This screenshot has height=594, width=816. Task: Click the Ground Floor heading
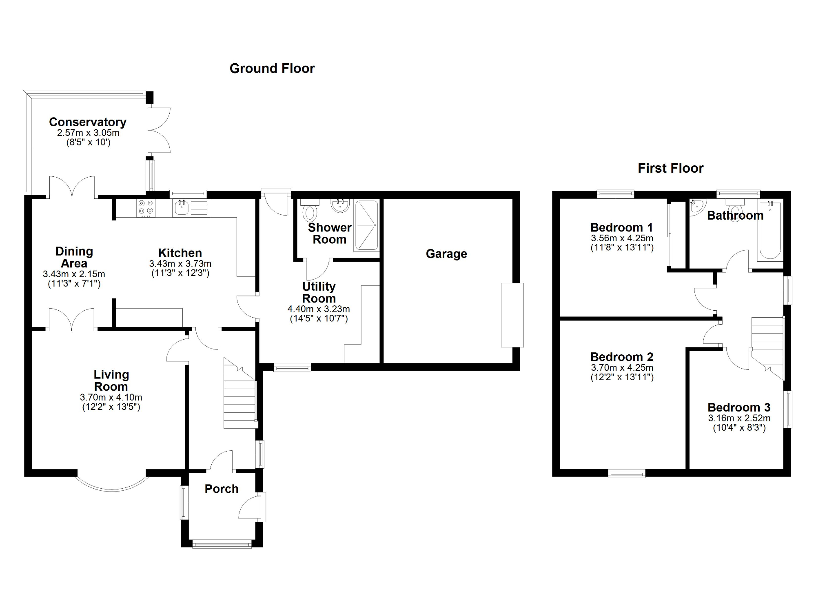pyautogui.click(x=272, y=69)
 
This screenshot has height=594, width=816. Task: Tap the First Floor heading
pyautogui.click(x=670, y=168)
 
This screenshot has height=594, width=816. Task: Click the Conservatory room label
pyautogui.click(x=88, y=122)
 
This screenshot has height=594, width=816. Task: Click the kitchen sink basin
pyautogui.click(x=181, y=209)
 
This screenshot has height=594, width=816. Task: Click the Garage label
pyautogui.click(x=446, y=254)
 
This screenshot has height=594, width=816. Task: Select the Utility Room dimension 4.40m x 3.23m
pyautogui.click(x=319, y=309)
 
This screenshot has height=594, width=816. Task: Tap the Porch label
pyautogui.click(x=222, y=489)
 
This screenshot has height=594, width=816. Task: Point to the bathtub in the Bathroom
pyautogui.click(x=770, y=231)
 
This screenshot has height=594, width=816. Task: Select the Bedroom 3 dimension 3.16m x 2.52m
pyautogui.click(x=739, y=418)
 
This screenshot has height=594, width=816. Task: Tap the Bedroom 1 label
pyautogui.click(x=621, y=227)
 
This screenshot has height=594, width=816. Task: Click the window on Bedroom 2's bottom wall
pyautogui.click(x=627, y=474)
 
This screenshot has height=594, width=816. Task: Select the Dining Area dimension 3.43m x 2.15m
pyautogui.click(x=74, y=274)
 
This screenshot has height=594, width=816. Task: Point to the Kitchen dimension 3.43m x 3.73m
pyautogui.click(x=180, y=264)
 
